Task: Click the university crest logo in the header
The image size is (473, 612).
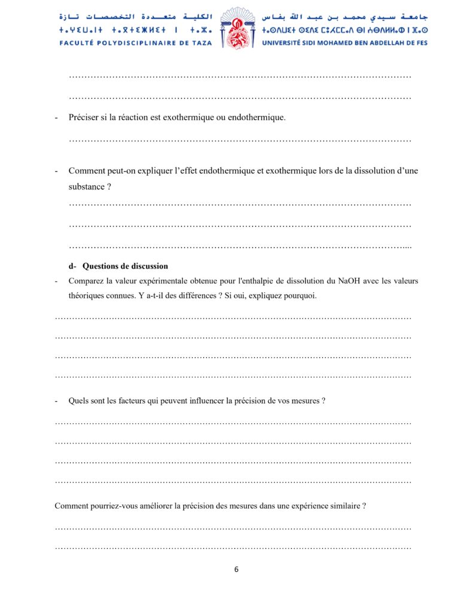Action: click(237, 28)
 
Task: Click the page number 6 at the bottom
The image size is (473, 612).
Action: click(236, 569)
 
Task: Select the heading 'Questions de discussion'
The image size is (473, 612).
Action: click(126, 266)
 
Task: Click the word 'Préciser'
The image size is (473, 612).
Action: click(84, 117)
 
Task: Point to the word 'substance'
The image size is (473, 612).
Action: click(87, 186)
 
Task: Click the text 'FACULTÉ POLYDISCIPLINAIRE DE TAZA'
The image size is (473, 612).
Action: click(135, 42)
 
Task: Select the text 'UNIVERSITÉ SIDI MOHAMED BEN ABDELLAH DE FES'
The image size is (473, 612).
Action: click(345, 42)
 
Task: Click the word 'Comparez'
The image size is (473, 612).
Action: click(87, 280)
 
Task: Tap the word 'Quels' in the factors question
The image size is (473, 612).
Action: click(79, 400)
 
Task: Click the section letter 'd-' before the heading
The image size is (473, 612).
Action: click(73, 266)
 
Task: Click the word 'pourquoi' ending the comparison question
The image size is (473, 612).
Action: click(300, 295)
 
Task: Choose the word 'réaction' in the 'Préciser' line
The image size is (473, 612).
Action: click(132, 117)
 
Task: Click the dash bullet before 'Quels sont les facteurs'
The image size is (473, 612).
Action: click(56, 400)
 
